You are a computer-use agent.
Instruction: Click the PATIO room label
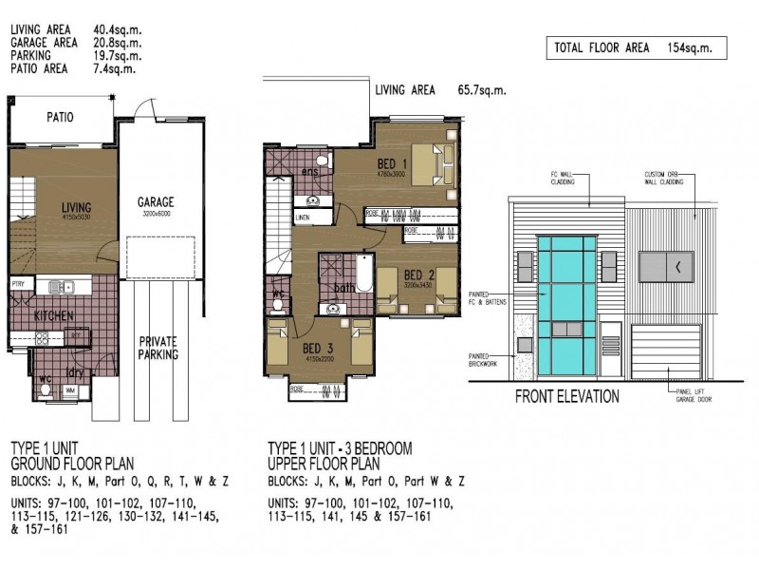coord(60,118)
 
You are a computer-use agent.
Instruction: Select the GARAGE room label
coord(155,202)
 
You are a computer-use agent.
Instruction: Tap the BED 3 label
coord(317,347)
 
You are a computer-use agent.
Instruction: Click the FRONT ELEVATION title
coord(567,397)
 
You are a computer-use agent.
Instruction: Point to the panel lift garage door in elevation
coord(666,349)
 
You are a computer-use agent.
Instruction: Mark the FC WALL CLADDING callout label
coord(567,179)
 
